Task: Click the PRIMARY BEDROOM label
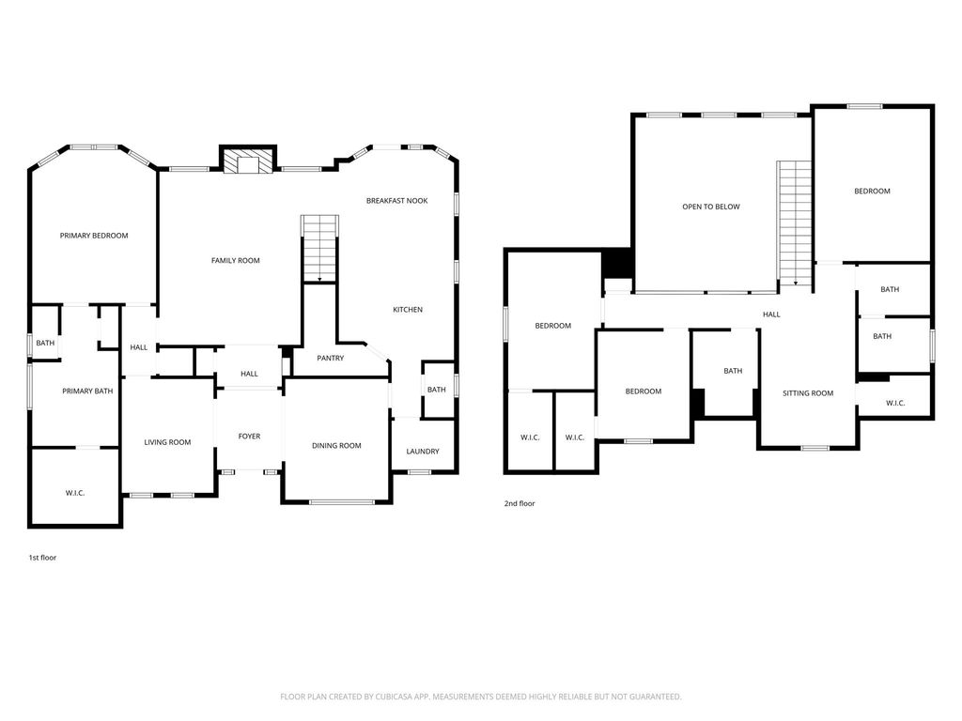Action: pos(94,236)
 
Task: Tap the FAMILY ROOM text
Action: pos(235,260)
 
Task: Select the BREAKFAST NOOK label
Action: pos(396,201)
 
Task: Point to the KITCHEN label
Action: pos(407,310)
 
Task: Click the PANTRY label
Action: pos(330,358)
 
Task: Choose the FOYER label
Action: pos(249,437)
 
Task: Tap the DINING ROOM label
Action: pos(336,446)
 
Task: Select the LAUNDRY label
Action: pos(422,452)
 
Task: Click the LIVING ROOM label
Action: pos(167,442)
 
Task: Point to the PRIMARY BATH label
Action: pos(87,391)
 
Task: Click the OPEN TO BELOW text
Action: pos(710,207)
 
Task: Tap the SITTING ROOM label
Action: pos(808,393)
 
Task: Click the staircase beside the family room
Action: pos(319,248)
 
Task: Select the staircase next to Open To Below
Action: pos(794,222)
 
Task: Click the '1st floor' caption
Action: pos(42,558)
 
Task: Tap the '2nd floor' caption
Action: pos(520,504)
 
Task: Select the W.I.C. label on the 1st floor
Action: pos(75,493)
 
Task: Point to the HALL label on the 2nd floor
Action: pos(770,314)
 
